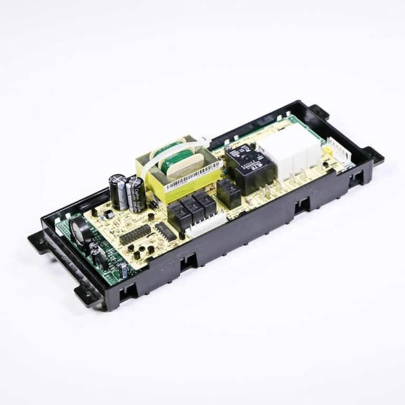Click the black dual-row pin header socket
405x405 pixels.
[135, 234]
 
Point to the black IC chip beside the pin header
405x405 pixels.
[165, 230]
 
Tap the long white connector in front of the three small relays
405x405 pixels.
[205, 225]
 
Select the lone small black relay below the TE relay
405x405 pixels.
[229, 193]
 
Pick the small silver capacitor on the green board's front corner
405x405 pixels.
[123, 271]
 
